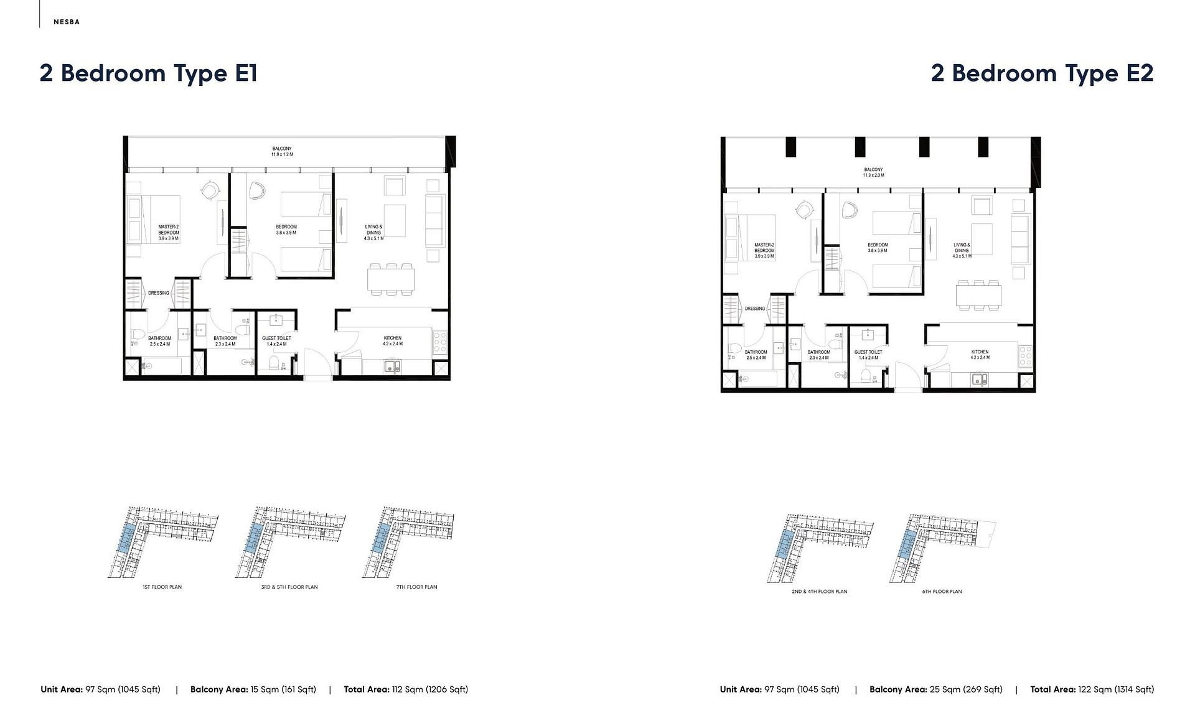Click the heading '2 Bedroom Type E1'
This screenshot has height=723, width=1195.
[x=148, y=73]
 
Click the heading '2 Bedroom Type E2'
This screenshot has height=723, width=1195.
[x=1042, y=73]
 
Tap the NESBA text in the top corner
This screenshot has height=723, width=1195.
[x=67, y=22]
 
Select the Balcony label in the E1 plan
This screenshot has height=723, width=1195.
[x=282, y=151]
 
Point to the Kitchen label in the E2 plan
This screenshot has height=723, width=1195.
[x=980, y=355]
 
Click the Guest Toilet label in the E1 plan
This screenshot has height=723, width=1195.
[x=276, y=341]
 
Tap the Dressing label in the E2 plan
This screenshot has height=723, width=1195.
[x=755, y=309]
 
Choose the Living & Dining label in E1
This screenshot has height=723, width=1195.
[x=373, y=232]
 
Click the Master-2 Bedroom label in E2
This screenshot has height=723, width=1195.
[x=764, y=250]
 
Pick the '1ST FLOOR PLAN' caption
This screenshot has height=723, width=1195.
[x=162, y=587]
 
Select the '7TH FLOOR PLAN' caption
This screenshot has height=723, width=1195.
[x=416, y=587]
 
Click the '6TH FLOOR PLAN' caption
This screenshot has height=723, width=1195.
[x=942, y=592]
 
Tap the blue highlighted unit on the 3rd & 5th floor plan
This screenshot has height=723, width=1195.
[x=253, y=537]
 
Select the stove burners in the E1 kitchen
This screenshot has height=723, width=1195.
[x=440, y=342]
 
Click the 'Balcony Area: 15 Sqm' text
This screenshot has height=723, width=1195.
[x=253, y=689]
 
